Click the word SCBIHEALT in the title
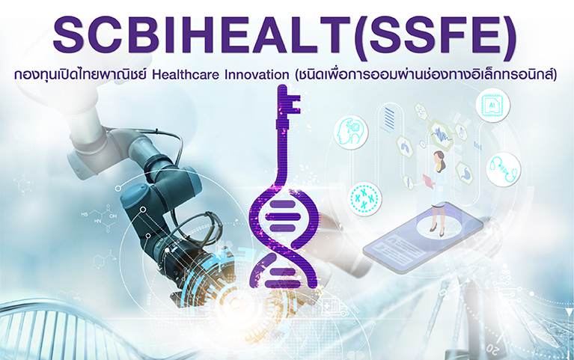pyautogui.click(x=203, y=35)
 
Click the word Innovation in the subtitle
pyautogui.click(x=257, y=75)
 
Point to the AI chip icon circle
pyautogui.click(x=492, y=105)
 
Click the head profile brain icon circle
pyautogui.click(x=351, y=132)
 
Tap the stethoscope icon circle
pyautogui.click(x=504, y=169)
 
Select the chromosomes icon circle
pyautogui.click(x=364, y=199)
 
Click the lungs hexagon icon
pyautogui.click(x=405, y=147)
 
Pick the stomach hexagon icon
pyautogui.click(x=465, y=174)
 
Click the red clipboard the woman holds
pyautogui.click(x=428, y=181)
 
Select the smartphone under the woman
pyautogui.click(x=423, y=237)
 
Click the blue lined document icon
pyautogui.click(x=389, y=118)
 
